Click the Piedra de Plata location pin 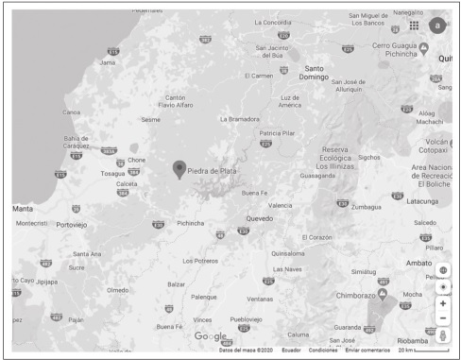coord(179,169)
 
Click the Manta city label coord(23,207)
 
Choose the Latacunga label coord(413,200)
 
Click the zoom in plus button coord(443,303)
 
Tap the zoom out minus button coord(443,318)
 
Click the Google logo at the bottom coord(211,336)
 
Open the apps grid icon coord(414,25)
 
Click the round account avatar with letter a coord(436,26)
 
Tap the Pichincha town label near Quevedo coord(190,224)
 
